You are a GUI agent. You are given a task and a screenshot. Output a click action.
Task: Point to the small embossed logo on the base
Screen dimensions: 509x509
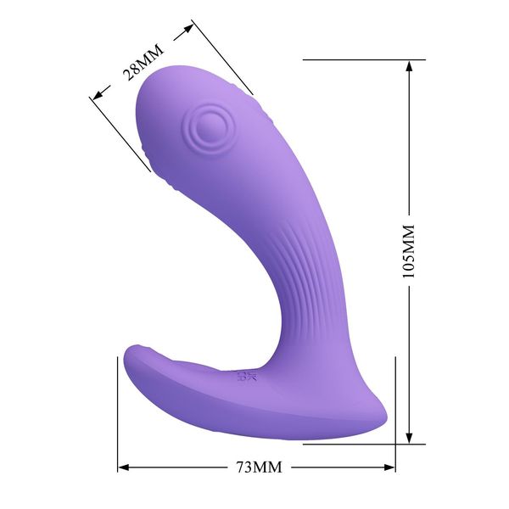[x=243, y=374]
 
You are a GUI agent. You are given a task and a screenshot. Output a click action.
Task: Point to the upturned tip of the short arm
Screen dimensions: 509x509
[x=133, y=350]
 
